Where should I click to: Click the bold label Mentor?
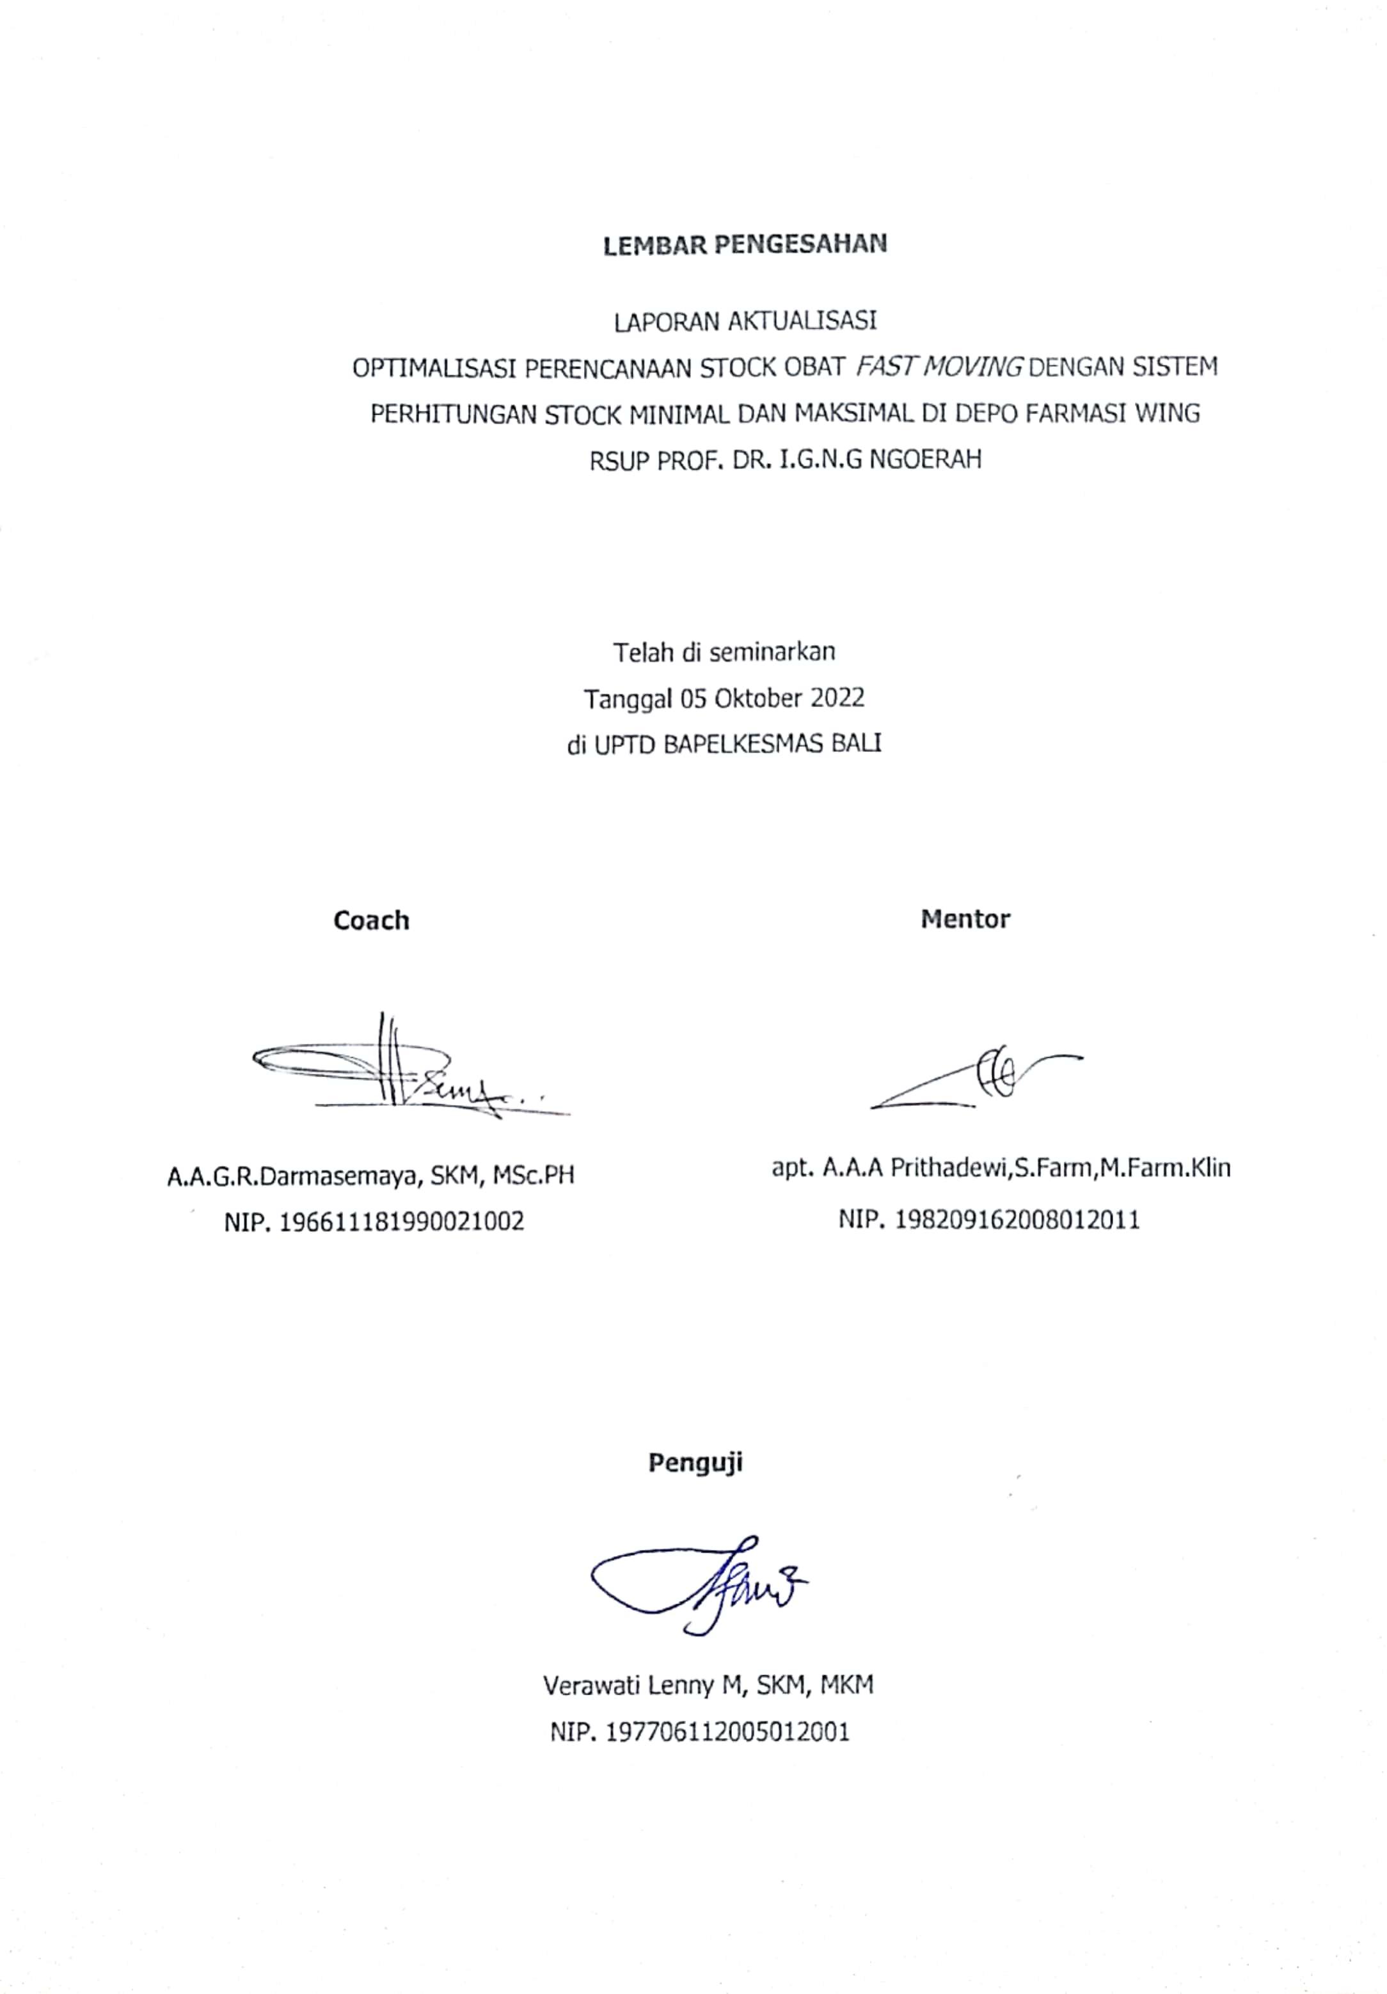tap(965, 919)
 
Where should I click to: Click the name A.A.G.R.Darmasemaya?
tap(296, 1176)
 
